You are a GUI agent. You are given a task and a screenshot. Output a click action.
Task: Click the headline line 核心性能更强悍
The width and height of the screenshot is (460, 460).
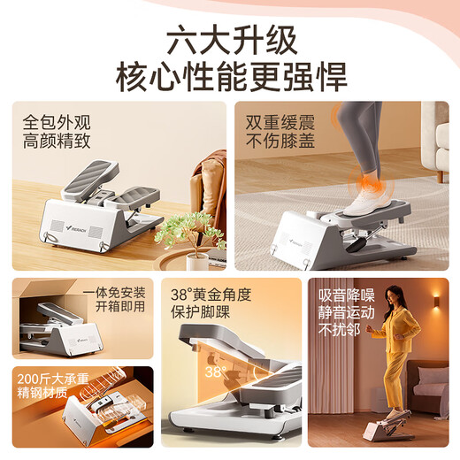click(229, 77)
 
